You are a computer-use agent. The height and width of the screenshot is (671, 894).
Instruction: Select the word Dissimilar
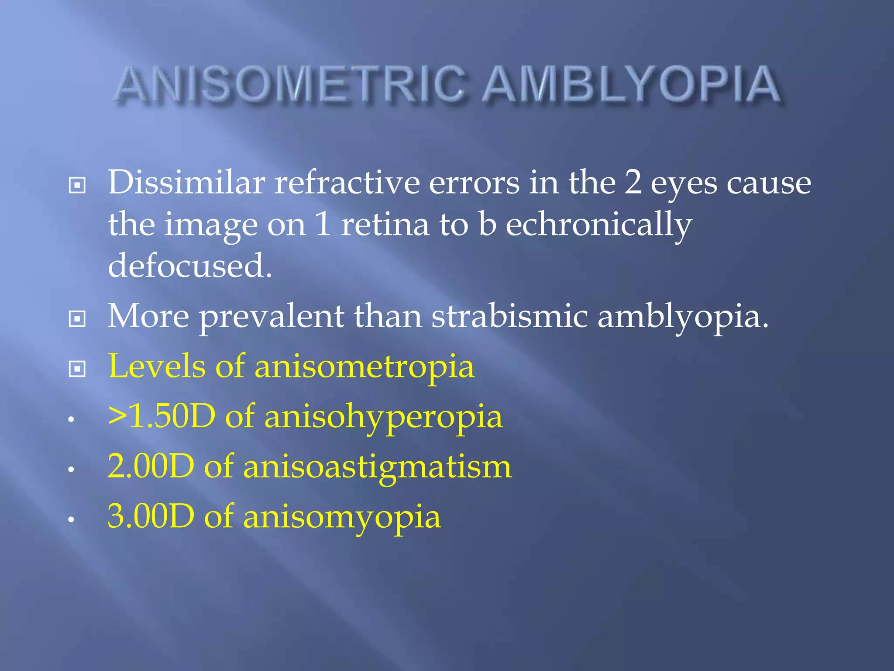[x=186, y=183]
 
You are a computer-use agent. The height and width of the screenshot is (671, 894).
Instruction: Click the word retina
[x=385, y=225]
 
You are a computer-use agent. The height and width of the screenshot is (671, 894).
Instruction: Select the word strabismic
[x=509, y=316]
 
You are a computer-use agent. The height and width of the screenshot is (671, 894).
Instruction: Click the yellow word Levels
[x=157, y=366]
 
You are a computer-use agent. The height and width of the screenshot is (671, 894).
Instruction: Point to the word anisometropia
[x=364, y=366]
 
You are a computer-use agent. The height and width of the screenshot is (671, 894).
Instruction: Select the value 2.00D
[x=151, y=467]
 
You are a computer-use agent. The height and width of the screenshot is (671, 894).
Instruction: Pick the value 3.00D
[x=151, y=516]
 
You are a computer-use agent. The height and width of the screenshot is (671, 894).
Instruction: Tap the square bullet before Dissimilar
[x=77, y=186]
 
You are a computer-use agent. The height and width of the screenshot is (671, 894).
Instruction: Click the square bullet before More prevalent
[x=77, y=319]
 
